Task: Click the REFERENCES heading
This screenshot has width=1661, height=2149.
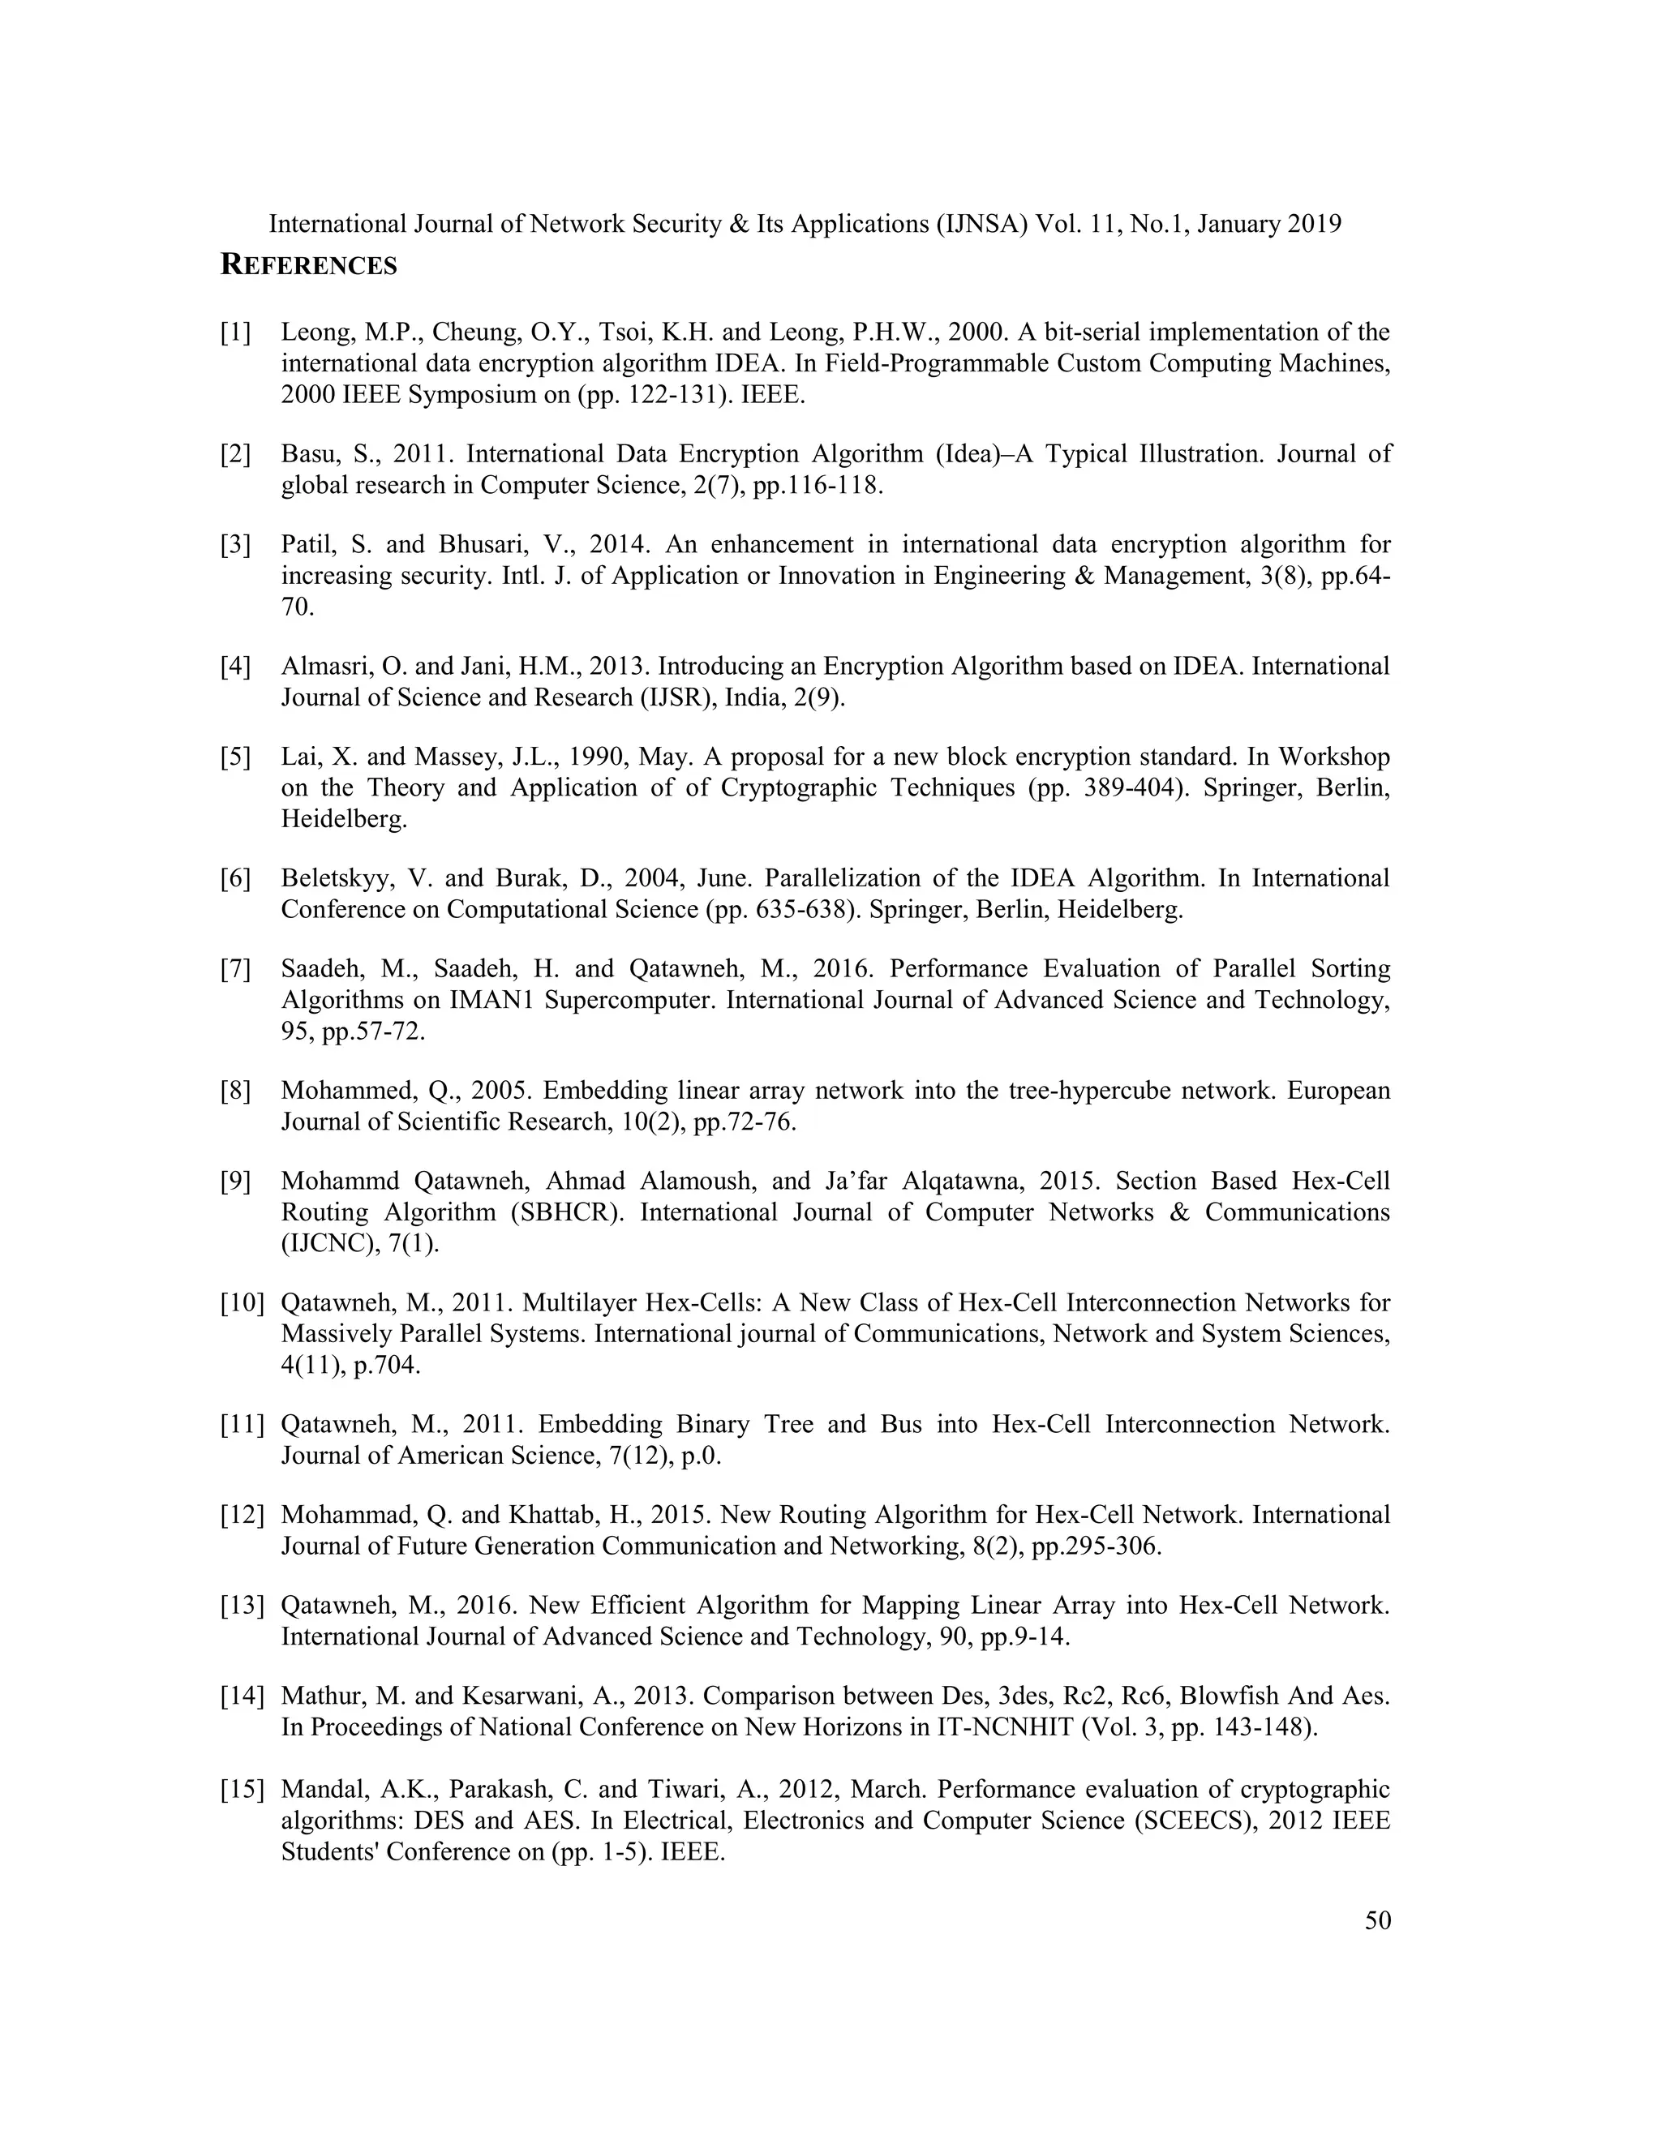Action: pos(308,266)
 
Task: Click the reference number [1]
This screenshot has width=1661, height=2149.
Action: pos(235,332)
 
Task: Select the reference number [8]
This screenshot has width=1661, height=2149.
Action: pos(235,1090)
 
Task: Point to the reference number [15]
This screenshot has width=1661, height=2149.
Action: pos(242,1789)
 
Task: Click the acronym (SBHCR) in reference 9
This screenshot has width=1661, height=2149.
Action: pos(568,1212)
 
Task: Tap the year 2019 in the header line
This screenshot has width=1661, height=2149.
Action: pos(1315,225)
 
